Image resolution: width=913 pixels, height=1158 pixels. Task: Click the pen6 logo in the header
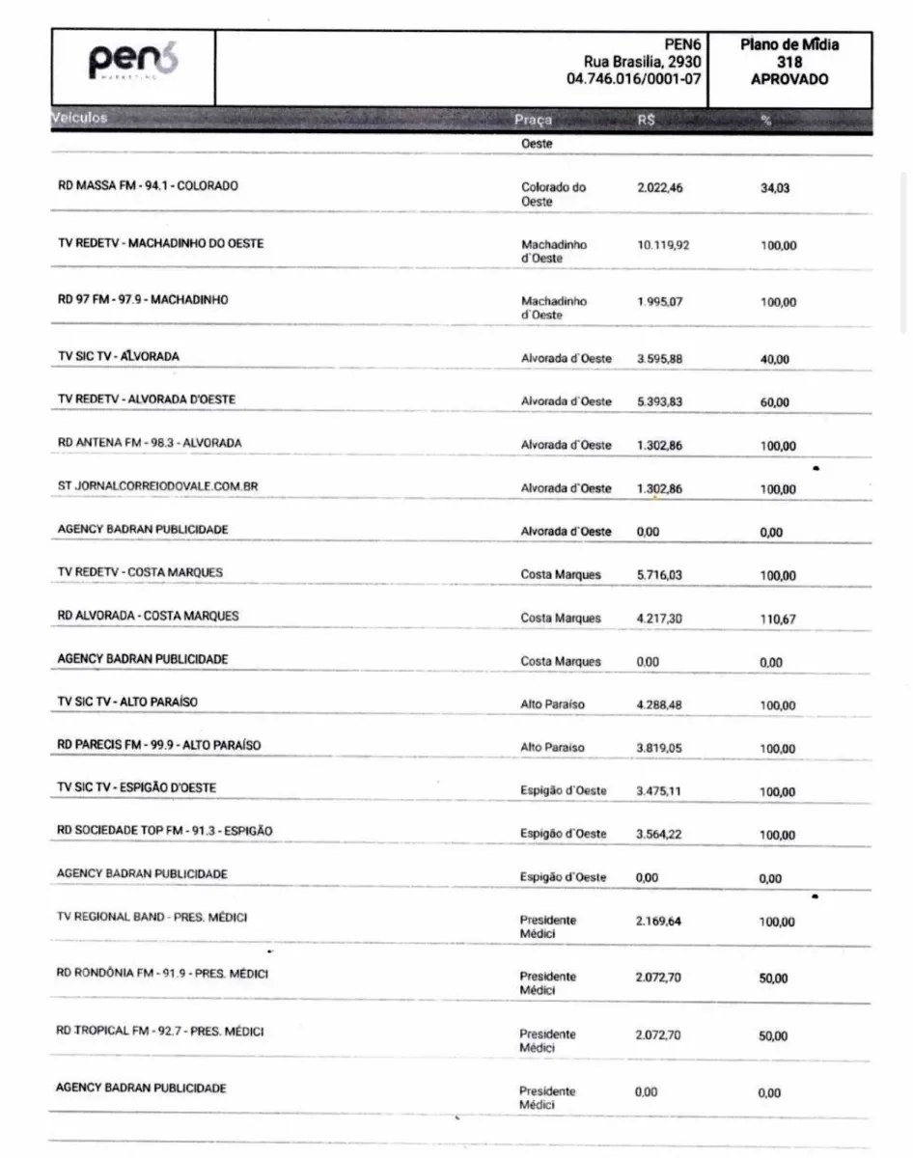[134, 63]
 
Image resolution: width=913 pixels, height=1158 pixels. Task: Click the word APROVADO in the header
[788, 80]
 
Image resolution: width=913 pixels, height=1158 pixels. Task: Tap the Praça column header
[534, 121]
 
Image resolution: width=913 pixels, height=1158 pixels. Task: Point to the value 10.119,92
[663, 245]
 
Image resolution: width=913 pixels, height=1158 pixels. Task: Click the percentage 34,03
[775, 188]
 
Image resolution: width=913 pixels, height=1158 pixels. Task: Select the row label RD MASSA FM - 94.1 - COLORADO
[148, 185]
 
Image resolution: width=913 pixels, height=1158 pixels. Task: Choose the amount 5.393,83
[660, 400]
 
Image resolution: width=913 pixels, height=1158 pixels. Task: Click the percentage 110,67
[777, 620]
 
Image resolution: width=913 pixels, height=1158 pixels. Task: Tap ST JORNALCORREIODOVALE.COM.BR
[157, 486]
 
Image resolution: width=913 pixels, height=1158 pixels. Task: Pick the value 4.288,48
[659, 704]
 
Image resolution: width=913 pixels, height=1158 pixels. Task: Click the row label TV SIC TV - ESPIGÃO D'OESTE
[137, 787]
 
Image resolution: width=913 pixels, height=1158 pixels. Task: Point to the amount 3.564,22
[659, 833]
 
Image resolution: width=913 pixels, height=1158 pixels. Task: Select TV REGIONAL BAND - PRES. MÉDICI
[152, 917]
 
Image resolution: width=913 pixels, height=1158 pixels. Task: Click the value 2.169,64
[659, 922]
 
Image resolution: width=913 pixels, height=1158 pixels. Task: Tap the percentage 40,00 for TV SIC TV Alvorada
[775, 359]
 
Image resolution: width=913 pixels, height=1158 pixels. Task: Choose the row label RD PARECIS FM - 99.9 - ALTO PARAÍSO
[159, 745]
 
